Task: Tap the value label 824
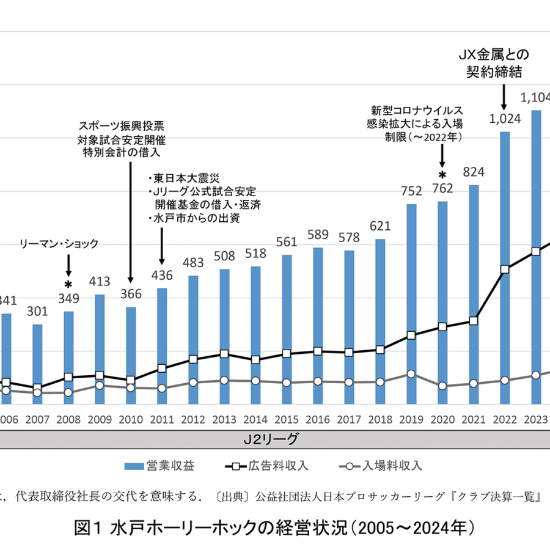[474, 172]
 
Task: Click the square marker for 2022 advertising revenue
[505, 269]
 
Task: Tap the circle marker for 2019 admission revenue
[411, 373]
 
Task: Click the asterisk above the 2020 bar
[442, 165]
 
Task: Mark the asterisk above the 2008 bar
[68, 285]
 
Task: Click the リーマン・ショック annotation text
[67, 244]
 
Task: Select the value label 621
[380, 226]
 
